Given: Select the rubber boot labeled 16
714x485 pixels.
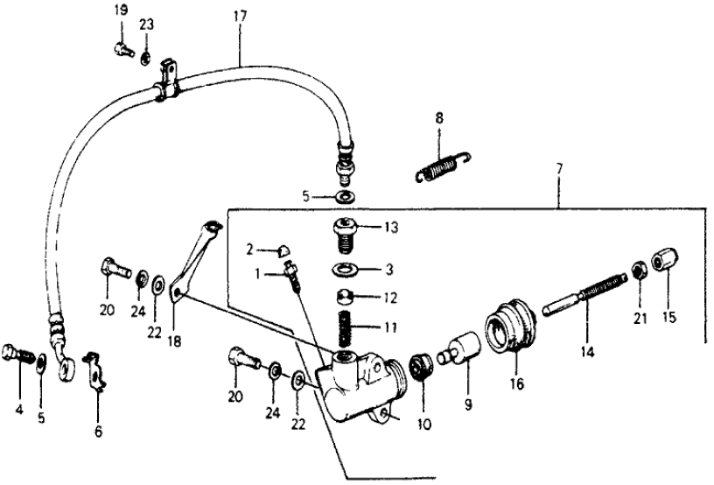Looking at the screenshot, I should [x=508, y=329].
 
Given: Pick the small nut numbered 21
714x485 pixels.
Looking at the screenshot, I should [x=640, y=267].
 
